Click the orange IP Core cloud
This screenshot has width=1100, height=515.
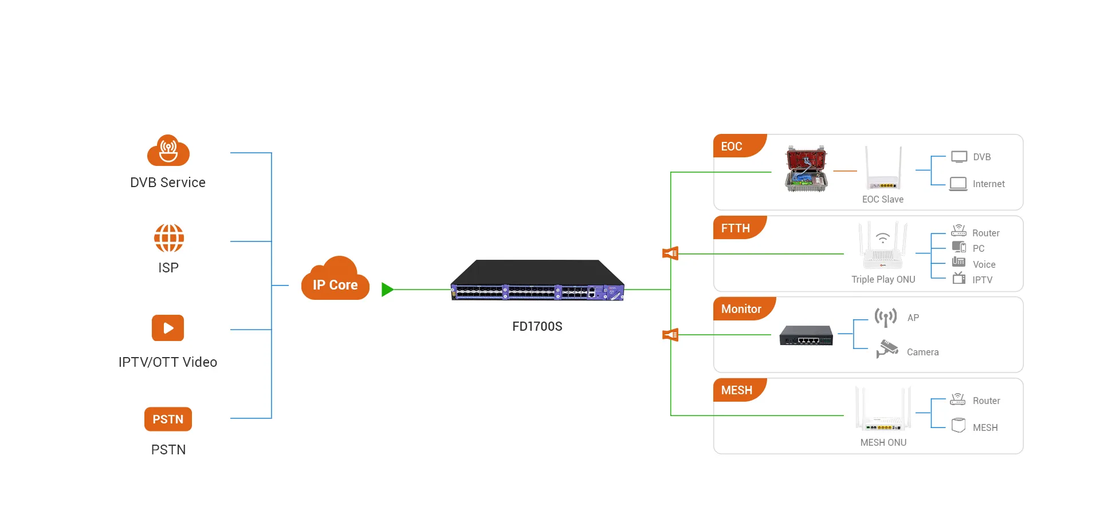point(335,280)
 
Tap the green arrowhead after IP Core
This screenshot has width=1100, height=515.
point(387,290)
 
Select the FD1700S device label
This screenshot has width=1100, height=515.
point(537,326)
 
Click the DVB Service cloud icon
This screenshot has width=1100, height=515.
point(168,151)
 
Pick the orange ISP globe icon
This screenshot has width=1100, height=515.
point(168,238)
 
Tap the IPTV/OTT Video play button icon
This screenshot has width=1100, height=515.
point(168,328)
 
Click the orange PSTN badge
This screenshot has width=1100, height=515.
point(168,419)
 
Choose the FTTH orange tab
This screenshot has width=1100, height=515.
point(737,228)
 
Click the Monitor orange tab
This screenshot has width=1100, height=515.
point(741,309)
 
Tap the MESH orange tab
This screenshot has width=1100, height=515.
point(737,390)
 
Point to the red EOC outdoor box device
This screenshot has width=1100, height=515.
point(806,169)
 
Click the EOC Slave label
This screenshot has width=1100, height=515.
point(883,199)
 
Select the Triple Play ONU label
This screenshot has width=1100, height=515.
point(883,279)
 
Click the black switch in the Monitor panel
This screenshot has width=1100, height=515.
point(806,336)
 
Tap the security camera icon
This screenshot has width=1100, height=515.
point(887,348)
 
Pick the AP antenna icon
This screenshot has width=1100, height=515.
point(885,318)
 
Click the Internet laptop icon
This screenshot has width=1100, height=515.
point(958,184)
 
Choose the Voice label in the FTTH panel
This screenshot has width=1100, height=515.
point(984,264)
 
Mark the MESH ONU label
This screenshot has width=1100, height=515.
point(883,442)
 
